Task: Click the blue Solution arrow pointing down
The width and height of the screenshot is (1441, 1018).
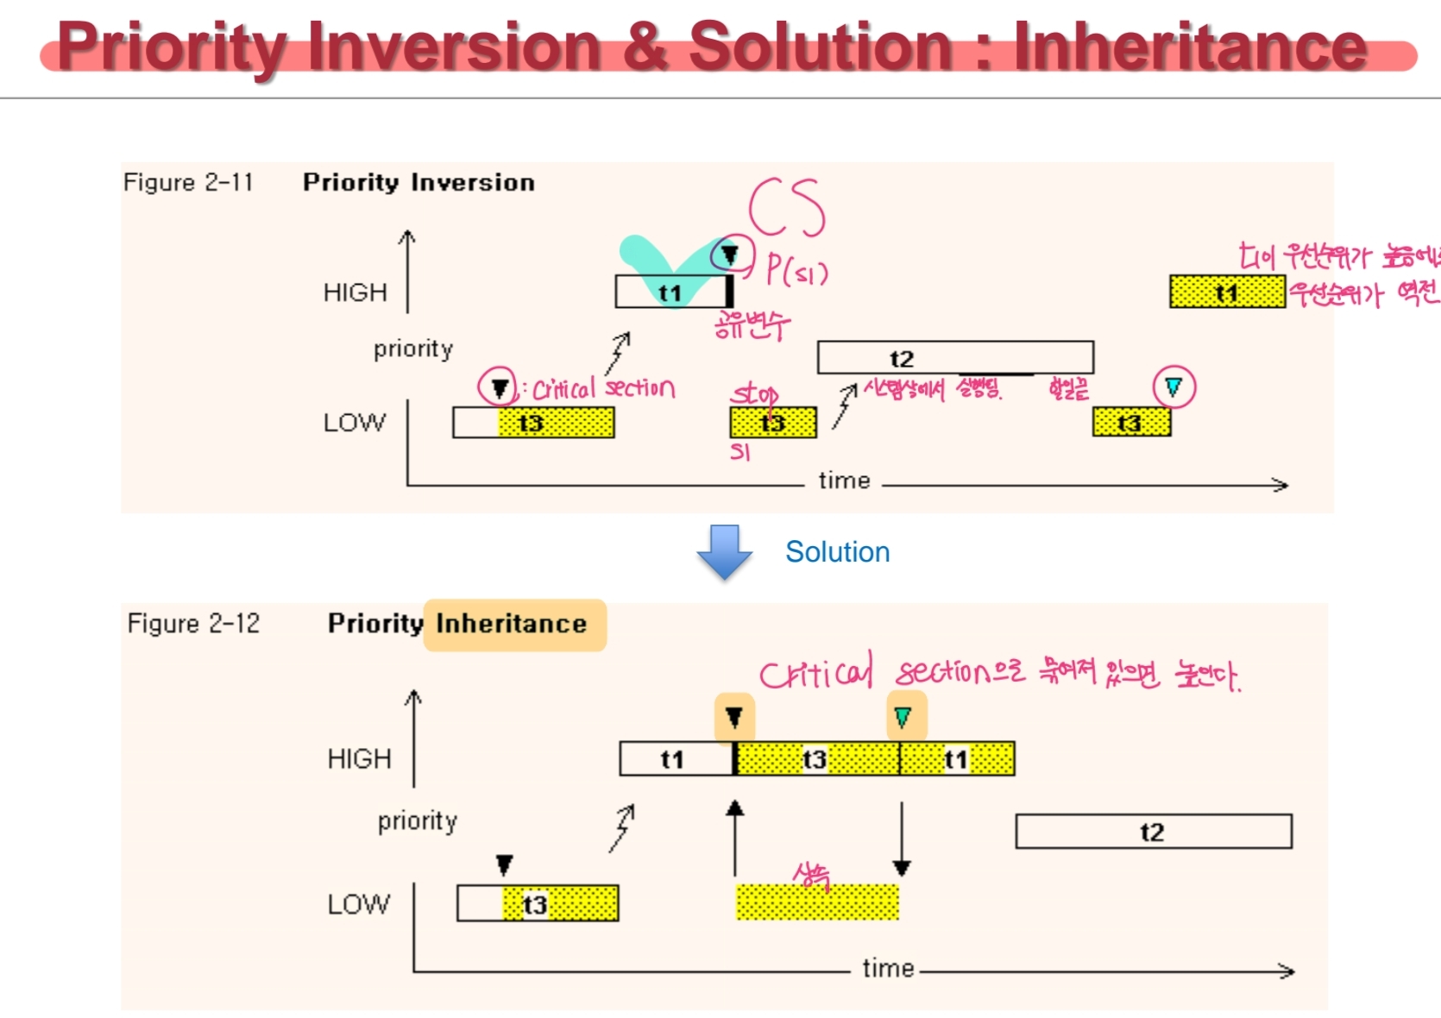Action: tap(724, 551)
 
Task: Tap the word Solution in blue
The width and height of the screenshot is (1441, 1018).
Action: tap(837, 552)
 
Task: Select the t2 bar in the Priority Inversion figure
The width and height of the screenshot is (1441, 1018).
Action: tap(955, 358)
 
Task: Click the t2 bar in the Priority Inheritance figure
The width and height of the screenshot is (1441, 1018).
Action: tap(1153, 832)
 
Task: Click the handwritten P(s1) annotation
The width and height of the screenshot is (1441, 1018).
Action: tap(797, 271)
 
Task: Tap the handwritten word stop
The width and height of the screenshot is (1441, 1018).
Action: tap(754, 395)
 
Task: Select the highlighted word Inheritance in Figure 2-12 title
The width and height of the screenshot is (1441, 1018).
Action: tap(512, 624)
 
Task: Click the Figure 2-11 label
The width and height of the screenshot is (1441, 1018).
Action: tap(188, 183)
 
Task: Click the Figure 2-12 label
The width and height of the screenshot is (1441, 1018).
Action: tap(193, 624)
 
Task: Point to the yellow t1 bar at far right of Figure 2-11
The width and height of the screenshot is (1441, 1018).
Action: tap(1227, 292)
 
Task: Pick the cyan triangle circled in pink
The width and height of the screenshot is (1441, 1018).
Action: tap(1174, 386)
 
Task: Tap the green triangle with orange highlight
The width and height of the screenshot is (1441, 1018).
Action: tap(903, 717)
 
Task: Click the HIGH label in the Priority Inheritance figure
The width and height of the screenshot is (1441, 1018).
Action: tap(359, 759)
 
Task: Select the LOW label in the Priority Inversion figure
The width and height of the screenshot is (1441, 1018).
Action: tap(355, 423)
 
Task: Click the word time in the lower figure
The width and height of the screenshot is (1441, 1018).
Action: tap(888, 969)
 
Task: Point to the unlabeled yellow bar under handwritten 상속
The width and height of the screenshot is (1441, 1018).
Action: tap(816, 903)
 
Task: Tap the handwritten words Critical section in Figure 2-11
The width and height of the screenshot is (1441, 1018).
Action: tap(603, 389)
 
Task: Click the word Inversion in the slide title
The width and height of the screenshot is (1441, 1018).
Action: tap(454, 47)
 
